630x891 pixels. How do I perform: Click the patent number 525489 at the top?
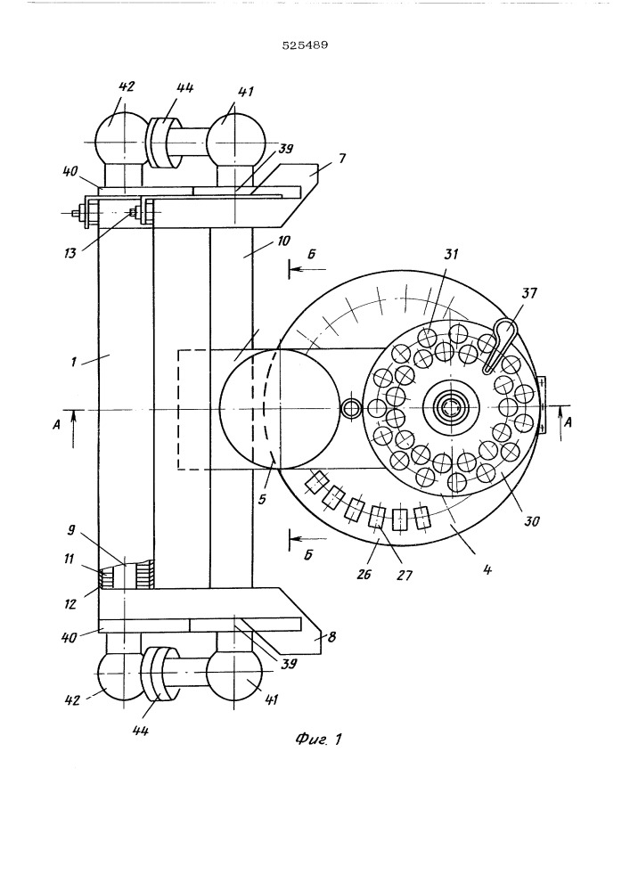(305, 45)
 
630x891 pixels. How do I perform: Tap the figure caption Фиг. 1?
(319, 739)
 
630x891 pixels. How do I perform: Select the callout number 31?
(451, 253)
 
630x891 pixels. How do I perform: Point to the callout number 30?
(532, 520)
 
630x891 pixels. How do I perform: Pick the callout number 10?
(282, 241)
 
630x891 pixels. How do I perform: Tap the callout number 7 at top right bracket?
(341, 159)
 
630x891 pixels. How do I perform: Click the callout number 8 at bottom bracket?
(331, 637)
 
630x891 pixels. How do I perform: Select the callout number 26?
(364, 575)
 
